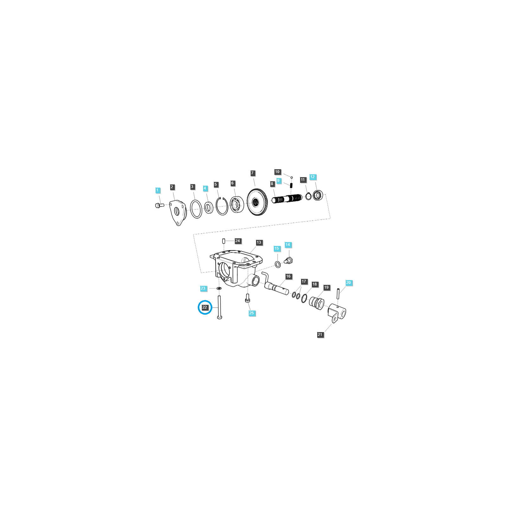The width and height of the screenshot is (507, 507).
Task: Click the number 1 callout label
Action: point(157,190)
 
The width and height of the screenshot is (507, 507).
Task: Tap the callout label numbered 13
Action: point(259,242)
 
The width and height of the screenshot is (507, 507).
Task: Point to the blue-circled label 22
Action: point(205,307)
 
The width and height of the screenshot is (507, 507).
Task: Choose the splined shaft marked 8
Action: point(287,200)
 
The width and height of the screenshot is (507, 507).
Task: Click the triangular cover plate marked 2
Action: point(178,212)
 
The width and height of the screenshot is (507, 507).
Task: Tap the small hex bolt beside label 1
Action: point(159,206)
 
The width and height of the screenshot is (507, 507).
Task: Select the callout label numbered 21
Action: point(320,335)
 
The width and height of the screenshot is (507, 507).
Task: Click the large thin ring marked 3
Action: point(196,209)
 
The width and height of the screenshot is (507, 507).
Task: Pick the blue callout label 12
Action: point(313,177)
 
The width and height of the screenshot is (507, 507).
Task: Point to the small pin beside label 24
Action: point(224,241)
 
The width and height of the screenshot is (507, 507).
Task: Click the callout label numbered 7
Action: point(253,173)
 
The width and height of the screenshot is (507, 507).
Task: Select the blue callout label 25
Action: point(252,313)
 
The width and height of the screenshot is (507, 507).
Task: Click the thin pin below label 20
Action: point(338,293)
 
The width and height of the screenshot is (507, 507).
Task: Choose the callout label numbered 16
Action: point(288,276)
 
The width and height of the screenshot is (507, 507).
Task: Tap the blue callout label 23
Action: point(203,288)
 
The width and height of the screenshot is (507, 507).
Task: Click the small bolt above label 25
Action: point(248,298)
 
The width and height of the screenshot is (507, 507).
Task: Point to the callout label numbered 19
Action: point(326,287)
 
